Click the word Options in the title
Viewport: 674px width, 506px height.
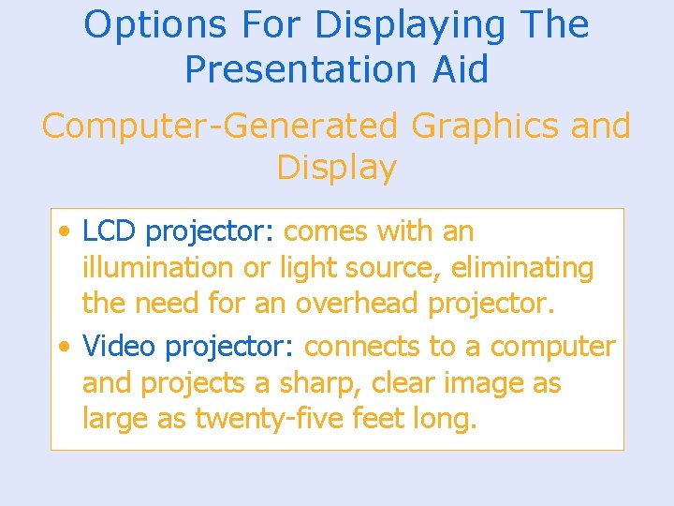[x=139, y=25]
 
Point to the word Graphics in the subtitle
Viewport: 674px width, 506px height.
[x=471, y=126]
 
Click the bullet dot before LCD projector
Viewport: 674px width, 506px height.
[x=63, y=231]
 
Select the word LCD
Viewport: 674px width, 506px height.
[x=110, y=231]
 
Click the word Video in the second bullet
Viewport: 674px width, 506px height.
[x=119, y=347]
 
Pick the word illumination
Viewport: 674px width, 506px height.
[x=158, y=268]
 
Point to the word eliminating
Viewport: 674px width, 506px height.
[x=522, y=268]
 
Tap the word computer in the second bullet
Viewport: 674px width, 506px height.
[x=552, y=347]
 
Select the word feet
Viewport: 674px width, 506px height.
[x=378, y=420]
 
